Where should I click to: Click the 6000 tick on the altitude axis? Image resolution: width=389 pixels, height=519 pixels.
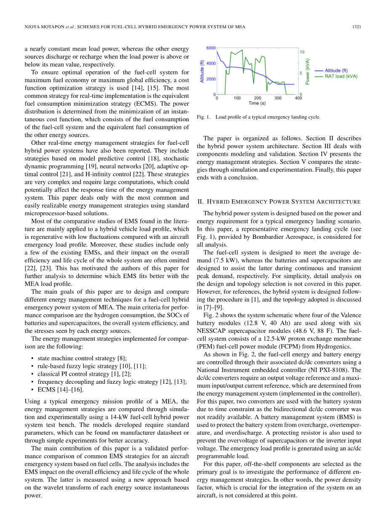[210, 48]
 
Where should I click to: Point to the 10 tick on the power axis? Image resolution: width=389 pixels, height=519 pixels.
[302, 52]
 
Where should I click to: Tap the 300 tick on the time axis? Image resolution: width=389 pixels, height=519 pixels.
[278, 98]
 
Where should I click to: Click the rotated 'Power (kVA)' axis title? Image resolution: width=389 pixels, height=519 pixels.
[308, 72]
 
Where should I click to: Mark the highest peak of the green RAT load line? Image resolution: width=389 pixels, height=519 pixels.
[242, 50]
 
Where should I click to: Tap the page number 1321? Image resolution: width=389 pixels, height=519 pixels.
[357, 27]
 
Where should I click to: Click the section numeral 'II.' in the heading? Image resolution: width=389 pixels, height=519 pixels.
[200, 201]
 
